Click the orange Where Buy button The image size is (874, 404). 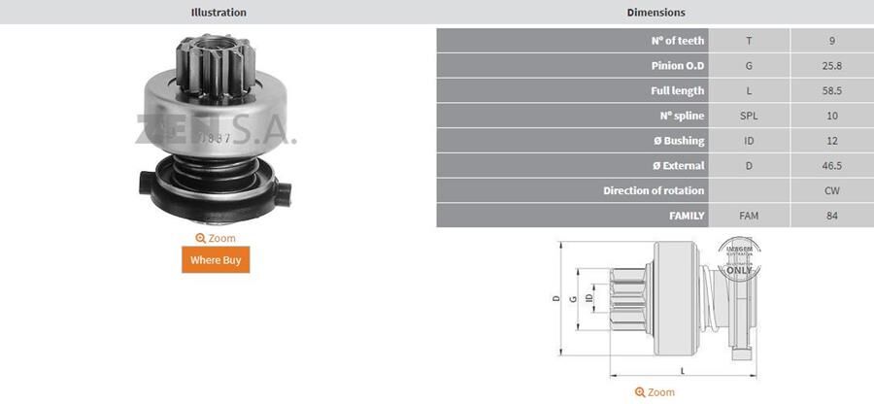click(x=216, y=259)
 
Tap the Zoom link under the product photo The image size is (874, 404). click(x=216, y=238)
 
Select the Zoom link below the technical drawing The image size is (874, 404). click(x=655, y=392)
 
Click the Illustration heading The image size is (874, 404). click(x=218, y=13)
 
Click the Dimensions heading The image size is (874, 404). click(x=655, y=13)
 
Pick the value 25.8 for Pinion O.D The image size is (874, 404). click(x=832, y=66)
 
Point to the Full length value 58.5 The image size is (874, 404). click(x=832, y=91)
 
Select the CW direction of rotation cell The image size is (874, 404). click(x=832, y=191)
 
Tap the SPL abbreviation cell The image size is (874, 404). click(x=749, y=117)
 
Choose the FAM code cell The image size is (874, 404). click(x=749, y=216)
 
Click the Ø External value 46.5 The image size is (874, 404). click(x=832, y=166)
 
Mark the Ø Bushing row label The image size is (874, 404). click(x=677, y=141)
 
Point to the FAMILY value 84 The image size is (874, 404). click(x=832, y=216)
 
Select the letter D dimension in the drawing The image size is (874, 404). click(x=556, y=299)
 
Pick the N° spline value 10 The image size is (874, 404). click(x=832, y=117)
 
